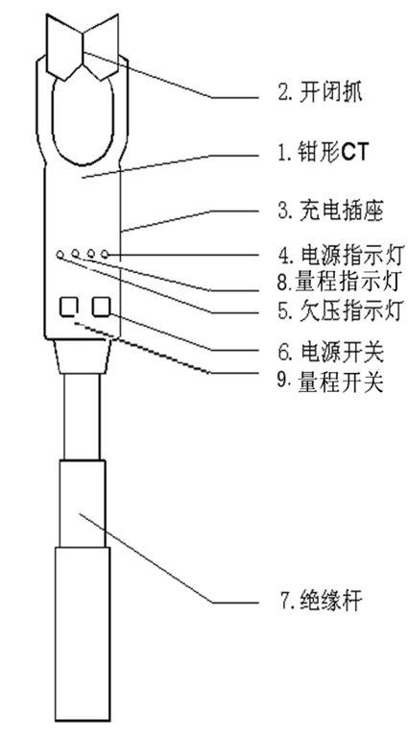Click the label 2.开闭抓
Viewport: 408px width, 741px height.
(321, 93)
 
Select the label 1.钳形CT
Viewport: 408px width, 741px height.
(322, 153)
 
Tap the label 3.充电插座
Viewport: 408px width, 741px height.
(329, 211)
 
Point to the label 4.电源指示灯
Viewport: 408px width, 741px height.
(340, 257)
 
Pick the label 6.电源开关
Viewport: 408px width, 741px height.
(330, 351)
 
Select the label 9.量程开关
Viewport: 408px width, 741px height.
(329, 381)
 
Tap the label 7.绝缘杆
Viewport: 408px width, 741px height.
(321, 602)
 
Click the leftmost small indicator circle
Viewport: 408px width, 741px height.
(60, 255)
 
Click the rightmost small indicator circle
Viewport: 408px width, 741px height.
(105, 255)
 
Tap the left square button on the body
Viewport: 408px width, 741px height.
(68, 308)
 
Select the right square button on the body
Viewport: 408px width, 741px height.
(102, 308)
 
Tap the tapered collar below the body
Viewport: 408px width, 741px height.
(83, 356)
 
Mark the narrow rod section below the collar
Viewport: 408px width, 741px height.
(83, 416)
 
